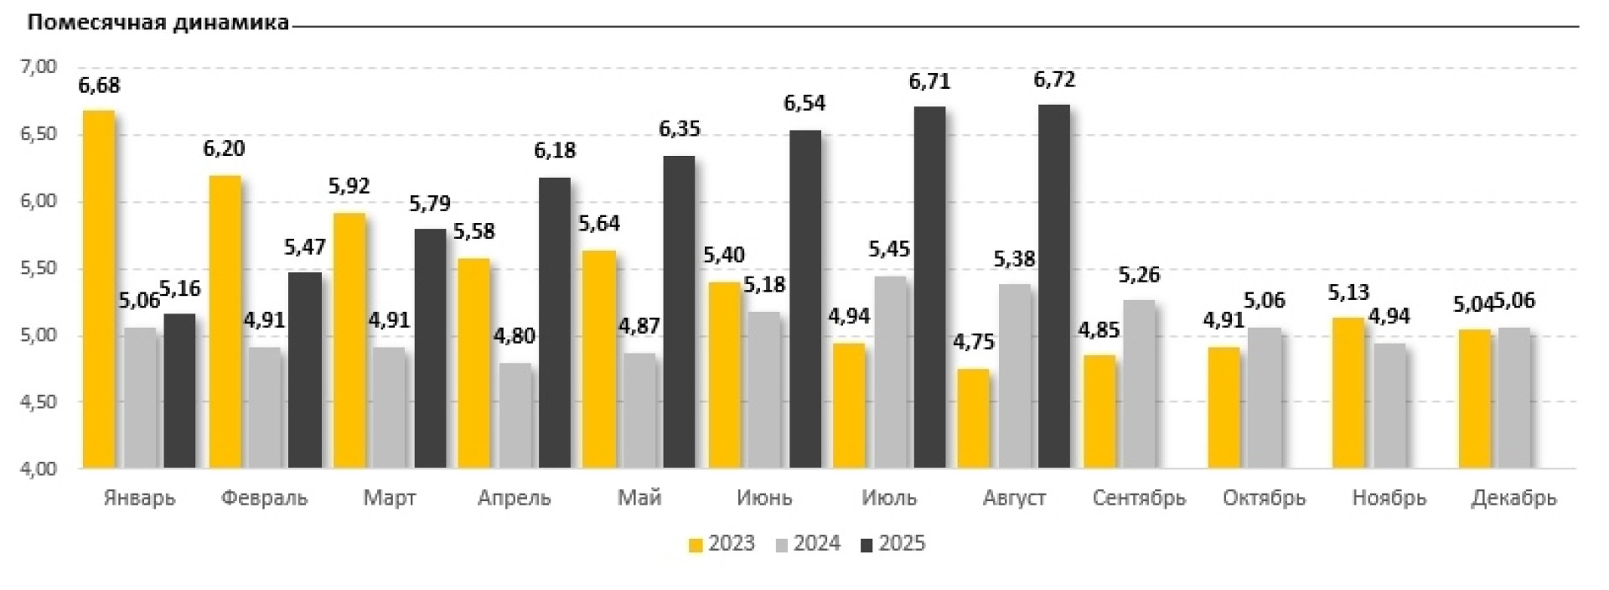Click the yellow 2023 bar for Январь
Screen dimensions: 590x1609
point(98,289)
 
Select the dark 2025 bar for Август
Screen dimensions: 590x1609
point(1053,287)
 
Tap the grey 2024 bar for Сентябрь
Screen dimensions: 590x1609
point(1139,384)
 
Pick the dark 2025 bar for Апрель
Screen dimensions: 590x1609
point(554,323)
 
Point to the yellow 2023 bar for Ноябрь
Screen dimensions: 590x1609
point(1348,392)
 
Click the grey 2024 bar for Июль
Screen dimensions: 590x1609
point(889,372)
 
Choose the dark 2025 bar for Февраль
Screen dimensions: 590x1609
point(305,370)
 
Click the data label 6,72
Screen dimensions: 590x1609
point(1054,80)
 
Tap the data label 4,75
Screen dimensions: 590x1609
point(974,343)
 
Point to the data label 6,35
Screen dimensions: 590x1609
point(679,129)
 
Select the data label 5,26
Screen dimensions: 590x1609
point(1139,275)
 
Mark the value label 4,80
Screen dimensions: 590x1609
point(514,336)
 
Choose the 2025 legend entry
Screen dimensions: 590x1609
point(892,544)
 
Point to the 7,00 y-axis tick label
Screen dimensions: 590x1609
point(38,67)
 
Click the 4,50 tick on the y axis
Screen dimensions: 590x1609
point(38,403)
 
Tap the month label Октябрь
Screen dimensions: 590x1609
point(1264,498)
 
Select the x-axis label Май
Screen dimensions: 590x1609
point(639,498)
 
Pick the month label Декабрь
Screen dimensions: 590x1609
point(1513,498)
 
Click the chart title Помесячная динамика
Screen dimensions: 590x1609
point(158,23)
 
